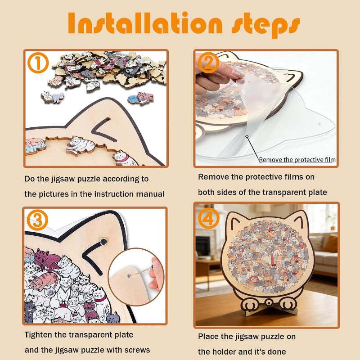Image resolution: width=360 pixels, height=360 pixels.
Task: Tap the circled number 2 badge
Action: [x=208, y=63]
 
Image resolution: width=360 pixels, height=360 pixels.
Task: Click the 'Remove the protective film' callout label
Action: [x=297, y=160]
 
